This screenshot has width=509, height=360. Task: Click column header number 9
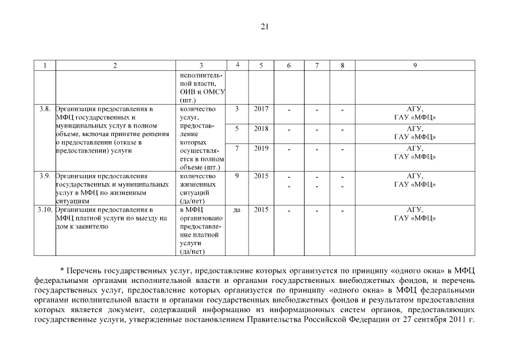click(x=415, y=65)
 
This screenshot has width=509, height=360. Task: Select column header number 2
click(x=115, y=65)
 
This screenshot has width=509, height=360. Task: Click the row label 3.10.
click(x=45, y=209)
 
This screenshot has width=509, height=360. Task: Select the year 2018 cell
click(x=261, y=128)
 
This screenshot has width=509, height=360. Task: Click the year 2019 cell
click(x=261, y=148)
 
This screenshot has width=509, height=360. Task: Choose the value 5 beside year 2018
click(x=237, y=128)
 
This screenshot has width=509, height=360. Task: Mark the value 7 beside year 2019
click(x=237, y=148)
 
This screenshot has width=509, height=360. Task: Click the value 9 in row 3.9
click(x=237, y=176)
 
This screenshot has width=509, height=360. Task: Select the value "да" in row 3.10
click(x=237, y=210)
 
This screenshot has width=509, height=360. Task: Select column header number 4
click(x=237, y=65)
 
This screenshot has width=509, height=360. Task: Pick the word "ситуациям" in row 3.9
click(x=73, y=200)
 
